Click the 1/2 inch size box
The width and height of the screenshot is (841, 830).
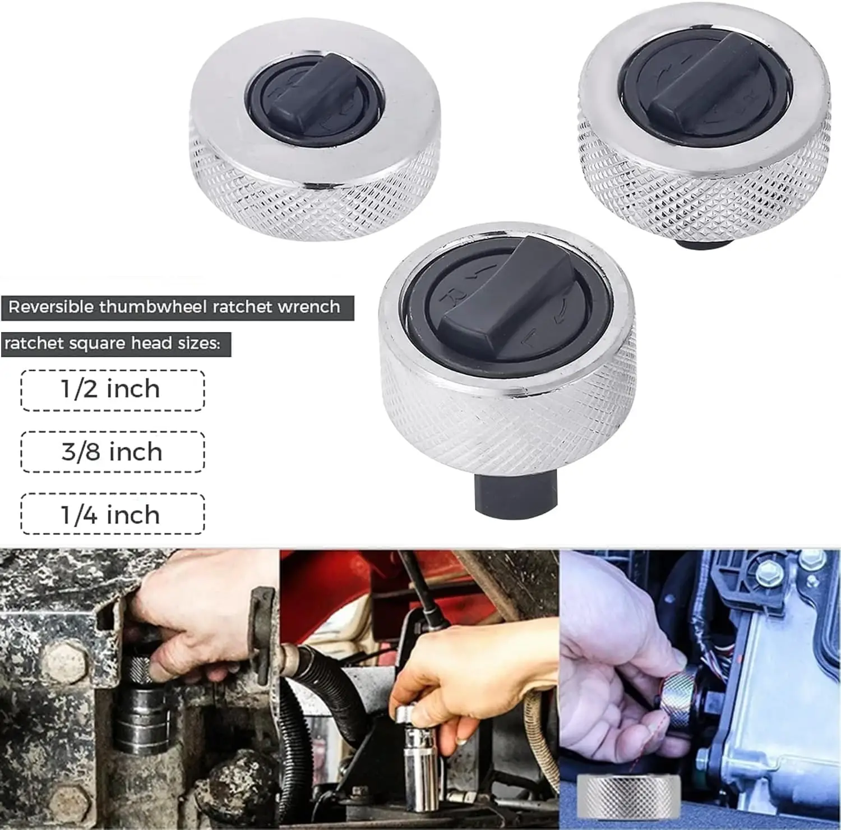pos(113,390)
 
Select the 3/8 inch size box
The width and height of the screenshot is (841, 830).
pos(113,452)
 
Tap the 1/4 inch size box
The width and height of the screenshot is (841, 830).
pos(113,514)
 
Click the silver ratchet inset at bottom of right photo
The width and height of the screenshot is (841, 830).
pos(629,796)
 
